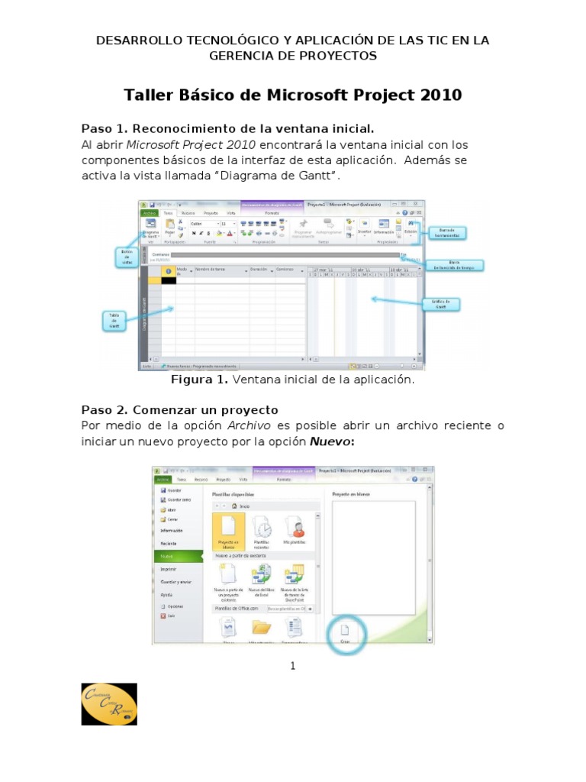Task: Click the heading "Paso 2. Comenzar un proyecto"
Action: click(x=179, y=410)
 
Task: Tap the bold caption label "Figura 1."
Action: click(x=199, y=380)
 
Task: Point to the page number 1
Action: click(x=292, y=666)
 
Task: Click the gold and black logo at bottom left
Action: click(x=109, y=704)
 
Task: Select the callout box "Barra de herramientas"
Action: click(x=446, y=233)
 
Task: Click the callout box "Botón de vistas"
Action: click(x=127, y=257)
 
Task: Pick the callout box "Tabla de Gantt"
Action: click(x=114, y=321)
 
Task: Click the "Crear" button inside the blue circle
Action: click(x=344, y=633)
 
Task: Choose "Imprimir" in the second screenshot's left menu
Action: click(x=169, y=569)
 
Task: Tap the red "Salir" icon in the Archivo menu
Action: click(x=163, y=615)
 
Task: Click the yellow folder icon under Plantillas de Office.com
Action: click(x=262, y=627)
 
